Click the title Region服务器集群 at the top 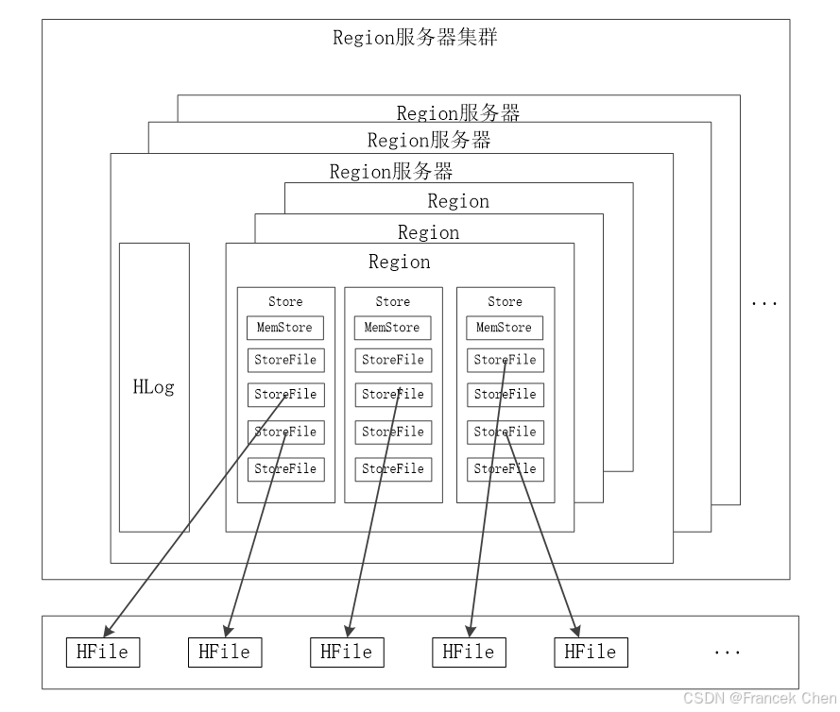(415, 38)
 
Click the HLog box (154, 387)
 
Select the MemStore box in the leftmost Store (285, 328)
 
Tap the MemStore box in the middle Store (393, 328)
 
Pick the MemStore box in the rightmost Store (505, 328)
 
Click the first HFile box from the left (102, 652)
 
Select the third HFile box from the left (347, 652)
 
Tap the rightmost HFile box (591, 652)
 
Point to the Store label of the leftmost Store (285, 301)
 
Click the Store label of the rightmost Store (505, 301)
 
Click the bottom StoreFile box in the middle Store (393, 468)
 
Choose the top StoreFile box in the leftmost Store (285, 360)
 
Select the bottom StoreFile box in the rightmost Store (505, 468)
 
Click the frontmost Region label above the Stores (399, 262)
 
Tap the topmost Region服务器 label (458, 113)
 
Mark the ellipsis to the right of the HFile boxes (727, 653)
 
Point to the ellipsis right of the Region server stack (763, 303)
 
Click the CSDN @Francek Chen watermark (759, 698)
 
